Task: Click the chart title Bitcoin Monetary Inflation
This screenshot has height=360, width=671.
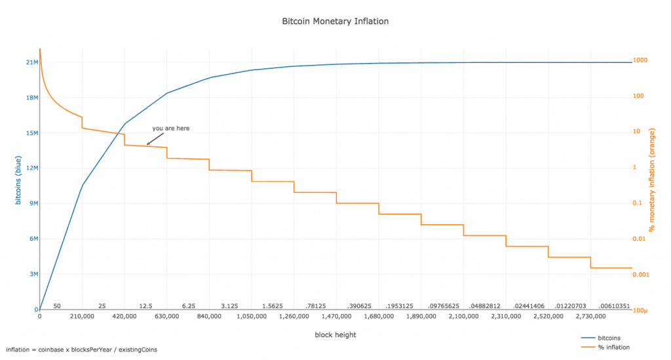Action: coord(335,21)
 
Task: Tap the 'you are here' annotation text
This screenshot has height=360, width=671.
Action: coord(171,129)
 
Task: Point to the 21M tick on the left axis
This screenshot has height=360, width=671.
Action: coord(31,62)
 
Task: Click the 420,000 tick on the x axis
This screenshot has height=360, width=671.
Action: coord(125,316)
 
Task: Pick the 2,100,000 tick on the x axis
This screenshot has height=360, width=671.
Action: coord(463,316)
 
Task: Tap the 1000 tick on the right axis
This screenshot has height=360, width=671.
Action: coord(640,60)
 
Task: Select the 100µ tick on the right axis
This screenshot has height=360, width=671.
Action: coord(641,310)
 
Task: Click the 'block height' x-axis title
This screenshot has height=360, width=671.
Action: coord(335,334)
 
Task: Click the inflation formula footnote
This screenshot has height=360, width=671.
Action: coord(82,350)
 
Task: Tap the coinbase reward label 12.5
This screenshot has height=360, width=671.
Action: coord(145,306)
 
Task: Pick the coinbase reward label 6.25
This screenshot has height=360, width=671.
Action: coord(188,306)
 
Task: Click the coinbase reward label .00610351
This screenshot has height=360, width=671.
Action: coord(613,306)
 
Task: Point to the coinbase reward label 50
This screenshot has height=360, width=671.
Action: coord(57,306)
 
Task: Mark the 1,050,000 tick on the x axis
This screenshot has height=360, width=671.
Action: coord(252,316)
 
